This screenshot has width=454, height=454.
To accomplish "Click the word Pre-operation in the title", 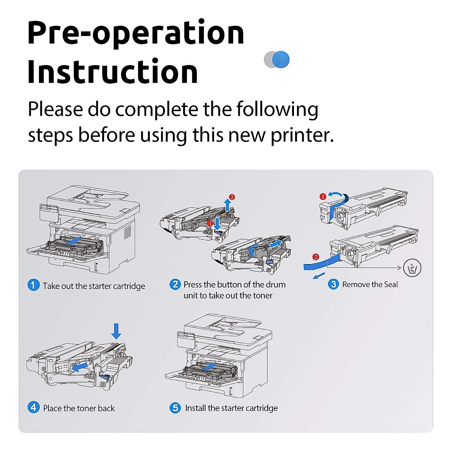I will click(x=135, y=33).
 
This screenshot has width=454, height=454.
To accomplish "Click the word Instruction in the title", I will click(x=112, y=72).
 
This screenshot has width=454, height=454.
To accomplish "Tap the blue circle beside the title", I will click(x=281, y=60).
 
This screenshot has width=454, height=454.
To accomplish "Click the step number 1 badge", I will click(x=33, y=285).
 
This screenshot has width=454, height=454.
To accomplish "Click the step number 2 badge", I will click(x=175, y=284).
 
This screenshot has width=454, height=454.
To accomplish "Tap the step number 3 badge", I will click(x=333, y=284).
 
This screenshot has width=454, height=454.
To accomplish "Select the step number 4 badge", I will click(x=33, y=407).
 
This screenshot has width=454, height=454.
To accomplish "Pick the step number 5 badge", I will click(x=175, y=408).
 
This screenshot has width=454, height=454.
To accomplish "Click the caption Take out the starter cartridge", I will click(x=94, y=286).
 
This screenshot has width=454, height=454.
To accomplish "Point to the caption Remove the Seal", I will click(x=370, y=285).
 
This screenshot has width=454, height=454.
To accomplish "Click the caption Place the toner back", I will click(x=79, y=408).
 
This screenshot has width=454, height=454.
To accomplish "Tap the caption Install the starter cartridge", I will click(x=231, y=408).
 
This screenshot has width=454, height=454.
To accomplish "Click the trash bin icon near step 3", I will click(x=412, y=268).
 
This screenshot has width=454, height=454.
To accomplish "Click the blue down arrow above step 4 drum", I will click(x=116, y=331).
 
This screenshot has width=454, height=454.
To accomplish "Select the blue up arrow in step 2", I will click(x=227, y=204).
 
